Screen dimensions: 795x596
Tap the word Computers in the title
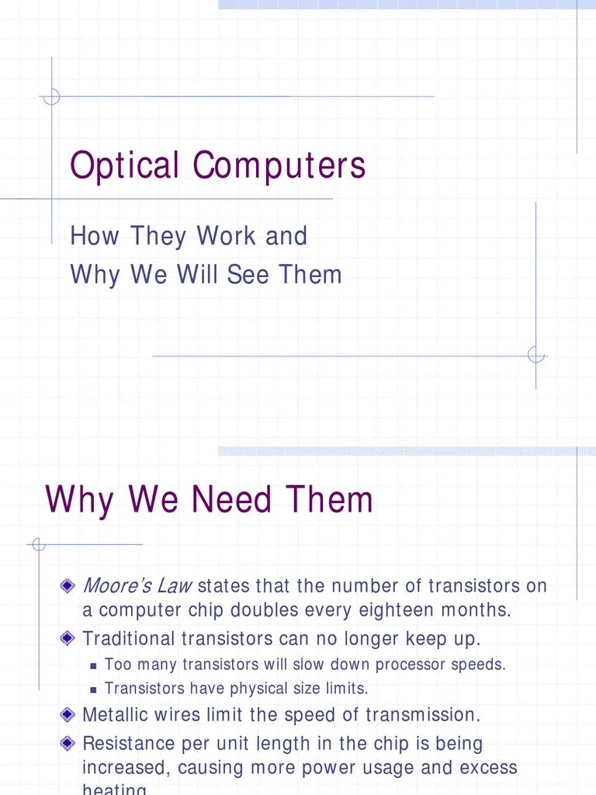point(279,166)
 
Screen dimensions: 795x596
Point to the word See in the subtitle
point(250,275)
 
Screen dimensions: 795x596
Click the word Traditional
point(129,639)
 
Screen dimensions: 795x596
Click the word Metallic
point(115,714)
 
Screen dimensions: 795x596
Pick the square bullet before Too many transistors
point(94,665)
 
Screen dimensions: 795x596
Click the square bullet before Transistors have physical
point(94,689)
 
